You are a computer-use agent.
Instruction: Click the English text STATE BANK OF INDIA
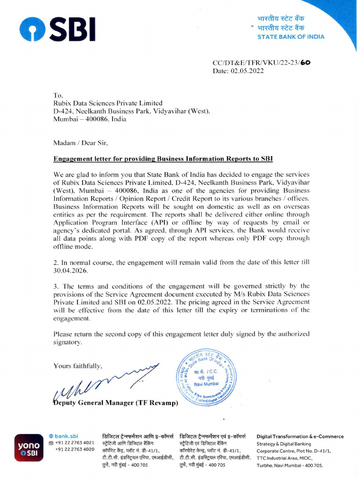[x=291, y=37]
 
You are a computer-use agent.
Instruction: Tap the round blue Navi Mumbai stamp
[x=207, y=378]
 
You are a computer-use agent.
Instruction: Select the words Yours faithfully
[x=77, y=366]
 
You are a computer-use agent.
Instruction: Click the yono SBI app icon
[x=29, y=450]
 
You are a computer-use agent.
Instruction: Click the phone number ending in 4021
[x=75, y=443]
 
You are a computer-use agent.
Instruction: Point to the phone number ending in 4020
[x=75, y=450]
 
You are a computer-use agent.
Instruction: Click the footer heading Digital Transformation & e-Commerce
[x=300, y=436]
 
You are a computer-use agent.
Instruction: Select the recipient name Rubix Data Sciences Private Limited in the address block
[x=108, y=103]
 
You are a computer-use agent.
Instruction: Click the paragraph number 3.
[x=55, y=285]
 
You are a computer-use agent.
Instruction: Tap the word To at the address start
[x=58, y=95]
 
